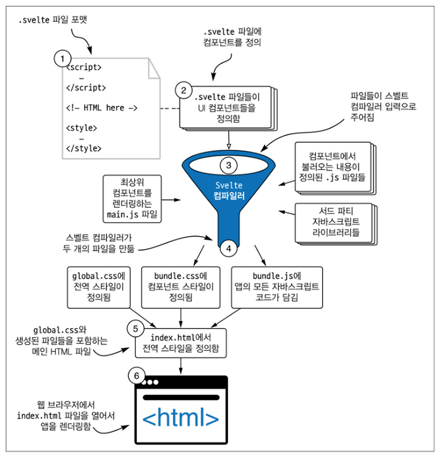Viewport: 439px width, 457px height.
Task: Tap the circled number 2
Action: (x=184, y=88)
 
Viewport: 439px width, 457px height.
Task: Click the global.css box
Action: (x=99, y=287)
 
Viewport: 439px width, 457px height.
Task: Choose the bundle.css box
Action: (x=181, y=287)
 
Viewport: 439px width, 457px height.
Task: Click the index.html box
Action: (x=181, y=342)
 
